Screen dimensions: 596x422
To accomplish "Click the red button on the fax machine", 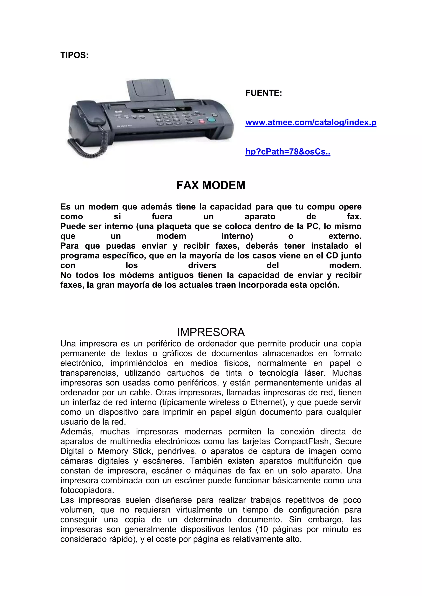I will [201, 121].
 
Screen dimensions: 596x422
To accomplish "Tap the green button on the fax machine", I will [212, 120].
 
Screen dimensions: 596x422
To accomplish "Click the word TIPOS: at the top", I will [74, 55].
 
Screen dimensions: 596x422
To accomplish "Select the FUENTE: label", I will [264, 93].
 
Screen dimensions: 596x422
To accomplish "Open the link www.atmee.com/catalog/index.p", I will [311, 122].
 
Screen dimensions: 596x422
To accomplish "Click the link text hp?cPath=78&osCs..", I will [288, 152].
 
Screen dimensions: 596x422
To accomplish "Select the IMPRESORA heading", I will [211, 332].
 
